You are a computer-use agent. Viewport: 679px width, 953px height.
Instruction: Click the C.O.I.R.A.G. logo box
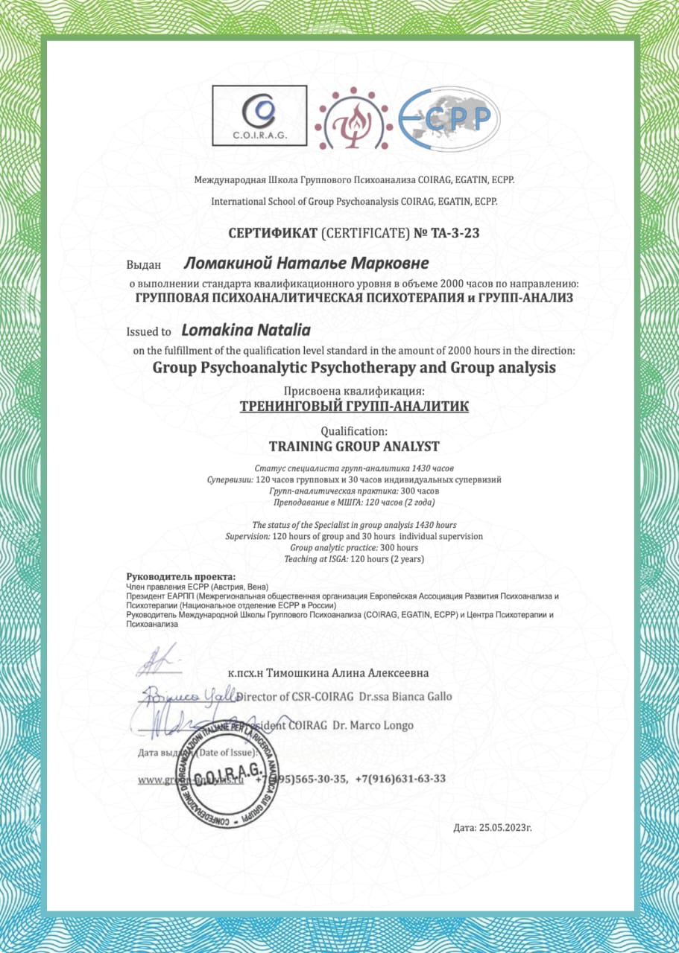click(x=259, y=115)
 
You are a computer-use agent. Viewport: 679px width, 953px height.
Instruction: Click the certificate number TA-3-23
click(x=453, y=233)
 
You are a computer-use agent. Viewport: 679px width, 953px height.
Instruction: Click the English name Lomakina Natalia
click(x=246, y=329)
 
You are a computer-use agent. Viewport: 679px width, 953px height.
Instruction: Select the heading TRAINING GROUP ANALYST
click(x=353, y=447)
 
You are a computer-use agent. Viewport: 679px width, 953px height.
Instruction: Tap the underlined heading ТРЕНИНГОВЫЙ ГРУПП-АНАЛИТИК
click(x=353, y=407)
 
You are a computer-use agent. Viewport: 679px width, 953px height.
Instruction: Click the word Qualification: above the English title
click(x=353, y=431)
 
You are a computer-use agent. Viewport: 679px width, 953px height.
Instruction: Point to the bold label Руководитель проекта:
click(x=181, y=577)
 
